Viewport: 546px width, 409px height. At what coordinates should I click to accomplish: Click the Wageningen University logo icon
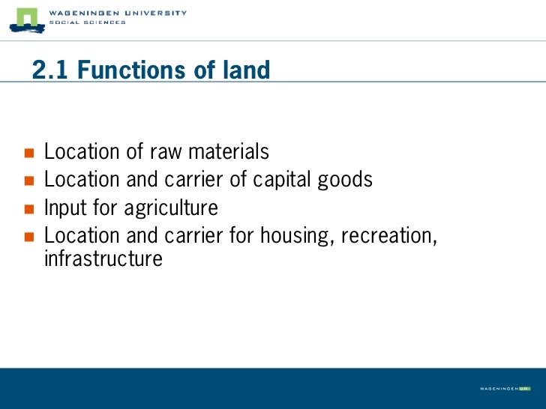(26, 19)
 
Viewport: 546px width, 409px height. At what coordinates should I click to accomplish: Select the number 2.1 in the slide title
(50, 70)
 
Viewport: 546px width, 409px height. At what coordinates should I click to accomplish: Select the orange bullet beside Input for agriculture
(29, 208)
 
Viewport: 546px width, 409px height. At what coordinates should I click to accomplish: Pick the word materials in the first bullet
(228, 152)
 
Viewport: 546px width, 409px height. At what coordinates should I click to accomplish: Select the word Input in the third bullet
(64, 207)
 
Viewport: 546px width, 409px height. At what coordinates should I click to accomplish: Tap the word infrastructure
(103, 259)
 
